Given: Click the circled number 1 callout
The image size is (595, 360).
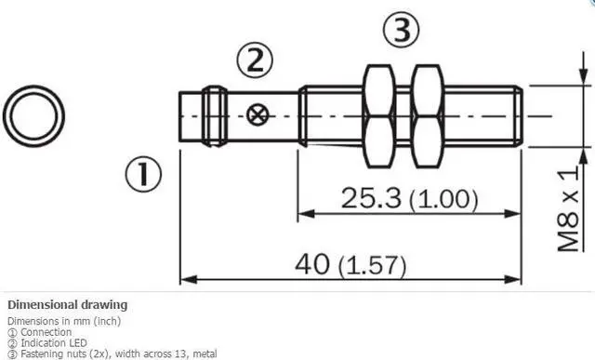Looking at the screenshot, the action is pyautogui.click(x=143, y=174).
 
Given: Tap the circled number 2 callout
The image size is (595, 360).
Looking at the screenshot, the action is pyautogui.click(x=255, y=60).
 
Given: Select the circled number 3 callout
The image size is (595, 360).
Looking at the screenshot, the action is pyautogui.click(x=402, y=29).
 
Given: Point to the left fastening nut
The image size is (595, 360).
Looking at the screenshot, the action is pyautogui.click(x=378, y=116).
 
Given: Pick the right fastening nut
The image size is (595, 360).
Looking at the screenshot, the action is pyautogui.click(x=428, y=116).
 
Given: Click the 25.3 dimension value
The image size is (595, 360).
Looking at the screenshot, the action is pyautogui.click(x=371, y=198).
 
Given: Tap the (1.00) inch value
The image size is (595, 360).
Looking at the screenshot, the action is pyautogui.click(x=443, y=199).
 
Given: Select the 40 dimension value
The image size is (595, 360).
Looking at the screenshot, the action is pyautogui.click(x=312, y=264).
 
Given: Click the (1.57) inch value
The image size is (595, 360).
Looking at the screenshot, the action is pyautogui.click(x=372, y=265).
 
